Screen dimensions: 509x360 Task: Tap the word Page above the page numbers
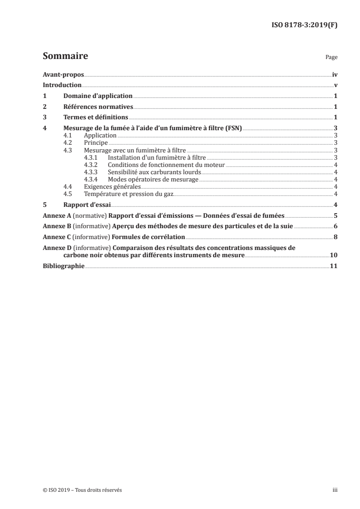point(331,58)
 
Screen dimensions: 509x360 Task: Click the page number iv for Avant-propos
point(335,74)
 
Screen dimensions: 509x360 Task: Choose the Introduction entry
point(62,85)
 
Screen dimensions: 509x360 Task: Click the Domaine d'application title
point(98,96)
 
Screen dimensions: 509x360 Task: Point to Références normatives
point(98,107)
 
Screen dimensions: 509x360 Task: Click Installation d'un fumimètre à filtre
point(147,157)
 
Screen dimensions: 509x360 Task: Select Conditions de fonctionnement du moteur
point(166,165)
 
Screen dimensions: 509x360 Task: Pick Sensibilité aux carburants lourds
point(154,172)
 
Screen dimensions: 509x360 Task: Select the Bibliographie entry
point(63,266)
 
